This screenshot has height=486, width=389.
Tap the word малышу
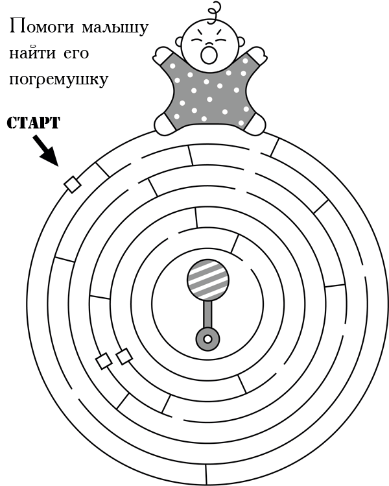pos(115,29)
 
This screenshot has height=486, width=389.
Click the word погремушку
pos(58,80)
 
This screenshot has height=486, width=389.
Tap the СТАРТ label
pos(33,123)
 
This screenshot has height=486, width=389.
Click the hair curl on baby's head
pos(214,10)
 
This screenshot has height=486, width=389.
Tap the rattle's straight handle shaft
pos(207,315)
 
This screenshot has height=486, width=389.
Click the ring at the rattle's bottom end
pos(207,339)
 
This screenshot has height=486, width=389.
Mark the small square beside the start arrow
pos(73,185)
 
